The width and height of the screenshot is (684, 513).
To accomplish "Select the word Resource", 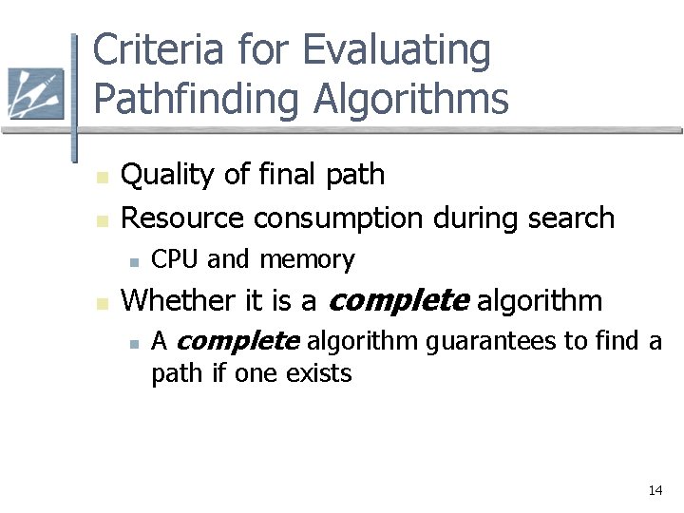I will pos(182,218).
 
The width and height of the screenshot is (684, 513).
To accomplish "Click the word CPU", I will pos(176,258).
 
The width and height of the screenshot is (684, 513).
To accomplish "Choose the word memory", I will pos(307,259).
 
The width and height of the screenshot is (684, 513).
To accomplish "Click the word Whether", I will pos(180,300).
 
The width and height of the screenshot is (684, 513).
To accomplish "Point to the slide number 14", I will pos(655,490).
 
